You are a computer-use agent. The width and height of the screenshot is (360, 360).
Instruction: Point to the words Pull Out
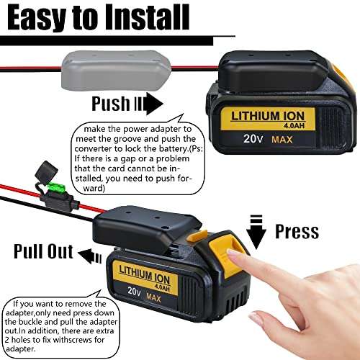[42, 251]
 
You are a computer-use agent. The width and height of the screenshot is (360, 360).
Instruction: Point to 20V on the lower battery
[131, 292]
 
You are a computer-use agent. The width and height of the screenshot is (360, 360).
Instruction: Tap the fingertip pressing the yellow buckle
[232, 254]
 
